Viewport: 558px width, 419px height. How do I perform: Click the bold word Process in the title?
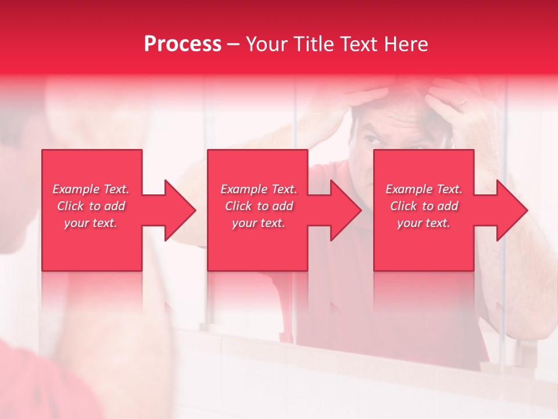(x=183, y=44)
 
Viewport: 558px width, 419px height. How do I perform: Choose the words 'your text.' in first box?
(x=91, y=223)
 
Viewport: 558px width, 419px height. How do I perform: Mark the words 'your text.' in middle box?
(x=259, y=223)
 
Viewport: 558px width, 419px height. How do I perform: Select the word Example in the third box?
(x=409, y=189)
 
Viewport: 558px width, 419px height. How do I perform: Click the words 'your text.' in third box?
(x=424, y=223)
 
